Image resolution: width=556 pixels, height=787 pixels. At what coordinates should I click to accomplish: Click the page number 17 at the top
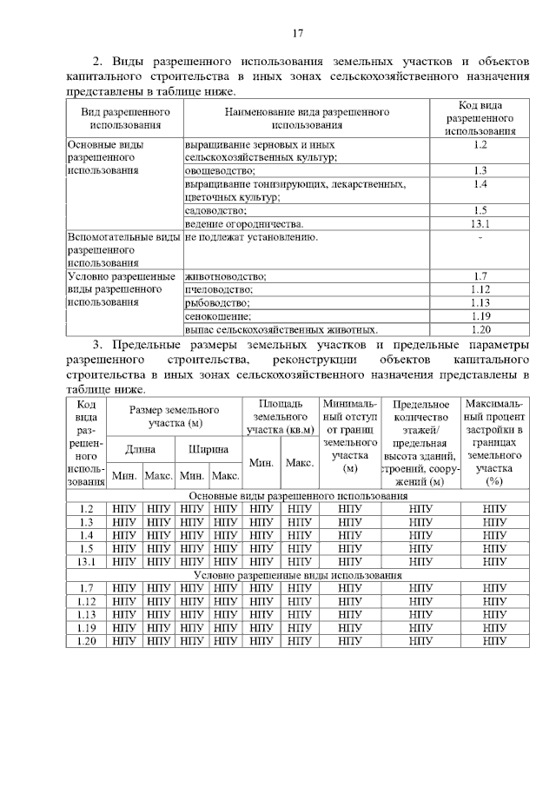tap(297, 34)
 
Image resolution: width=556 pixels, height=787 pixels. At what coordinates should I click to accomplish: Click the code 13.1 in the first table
tap(480, 224)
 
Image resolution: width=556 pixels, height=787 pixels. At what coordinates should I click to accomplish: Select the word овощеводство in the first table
tap(218, 170)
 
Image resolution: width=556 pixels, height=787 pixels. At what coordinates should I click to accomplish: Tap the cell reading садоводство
tap(215, 210)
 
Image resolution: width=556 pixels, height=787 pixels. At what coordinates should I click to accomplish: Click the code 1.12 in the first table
tap(480, 289)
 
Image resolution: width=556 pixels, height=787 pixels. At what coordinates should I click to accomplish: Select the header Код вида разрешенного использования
tap(480, 118)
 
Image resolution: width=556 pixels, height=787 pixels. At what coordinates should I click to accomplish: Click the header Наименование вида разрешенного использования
tap(307, 119)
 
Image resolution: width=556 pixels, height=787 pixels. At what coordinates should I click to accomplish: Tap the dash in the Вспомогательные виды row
tap(480, 237)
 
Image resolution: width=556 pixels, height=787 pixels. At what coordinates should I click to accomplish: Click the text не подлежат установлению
tap(251, 237)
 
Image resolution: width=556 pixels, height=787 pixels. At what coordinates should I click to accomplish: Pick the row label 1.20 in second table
tap(86, 641)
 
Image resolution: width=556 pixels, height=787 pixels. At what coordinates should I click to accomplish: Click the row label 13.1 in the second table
tap(86, 562)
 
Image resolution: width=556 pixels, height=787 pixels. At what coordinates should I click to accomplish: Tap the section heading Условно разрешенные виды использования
tap(298, 575)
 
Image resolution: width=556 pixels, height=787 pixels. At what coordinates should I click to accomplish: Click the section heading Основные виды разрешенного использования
tap(298, 496)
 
